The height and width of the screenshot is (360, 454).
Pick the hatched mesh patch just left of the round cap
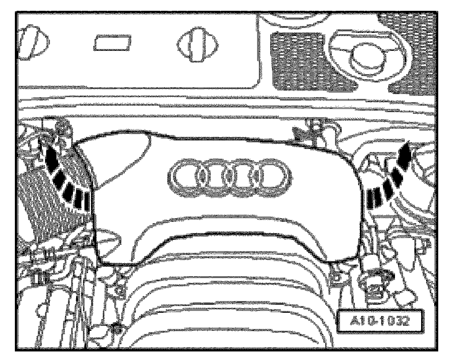(295, 58)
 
